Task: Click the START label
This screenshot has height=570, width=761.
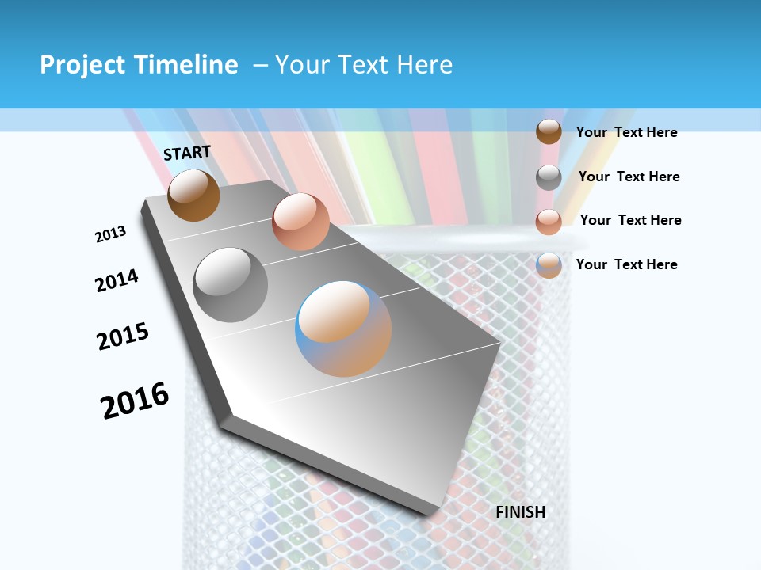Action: tap(187, 153)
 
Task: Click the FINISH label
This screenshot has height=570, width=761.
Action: tap(521, 512)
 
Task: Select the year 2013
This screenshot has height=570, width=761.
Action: tap(110, 234)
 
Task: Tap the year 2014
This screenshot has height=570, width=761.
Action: tap(117, 280)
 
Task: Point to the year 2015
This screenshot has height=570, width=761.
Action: tap(123, 336)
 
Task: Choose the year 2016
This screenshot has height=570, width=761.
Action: tap(135, 400)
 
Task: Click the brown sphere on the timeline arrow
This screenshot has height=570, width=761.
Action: tap(193, 195)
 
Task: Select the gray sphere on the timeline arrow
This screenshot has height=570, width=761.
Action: tap(231, 284)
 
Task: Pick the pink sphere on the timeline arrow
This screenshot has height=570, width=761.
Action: tap(300, 222)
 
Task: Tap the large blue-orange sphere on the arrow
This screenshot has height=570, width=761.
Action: tap(343, 328)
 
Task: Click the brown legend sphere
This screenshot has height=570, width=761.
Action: tap(549, 132)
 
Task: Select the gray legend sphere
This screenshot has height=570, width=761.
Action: tap(549, 177)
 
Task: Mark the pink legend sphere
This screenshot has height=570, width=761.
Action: tap(549, 222)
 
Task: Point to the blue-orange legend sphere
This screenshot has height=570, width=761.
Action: tap(549, 265)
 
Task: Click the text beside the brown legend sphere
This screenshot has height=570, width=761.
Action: tap(626, 132)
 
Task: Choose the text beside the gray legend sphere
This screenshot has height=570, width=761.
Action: tap(629, 177)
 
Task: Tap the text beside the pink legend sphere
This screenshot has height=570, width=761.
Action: tap(630, 220)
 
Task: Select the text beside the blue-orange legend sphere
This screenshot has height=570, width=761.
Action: tap(626, 264)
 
